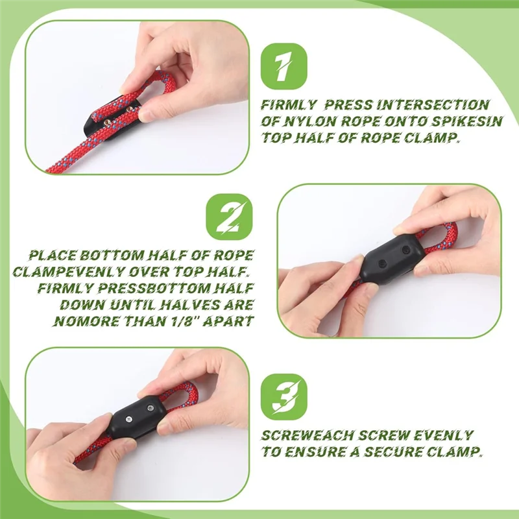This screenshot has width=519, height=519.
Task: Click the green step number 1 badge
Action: click(x=283, y=66)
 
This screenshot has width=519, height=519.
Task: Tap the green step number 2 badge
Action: click(x=228, y=217)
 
